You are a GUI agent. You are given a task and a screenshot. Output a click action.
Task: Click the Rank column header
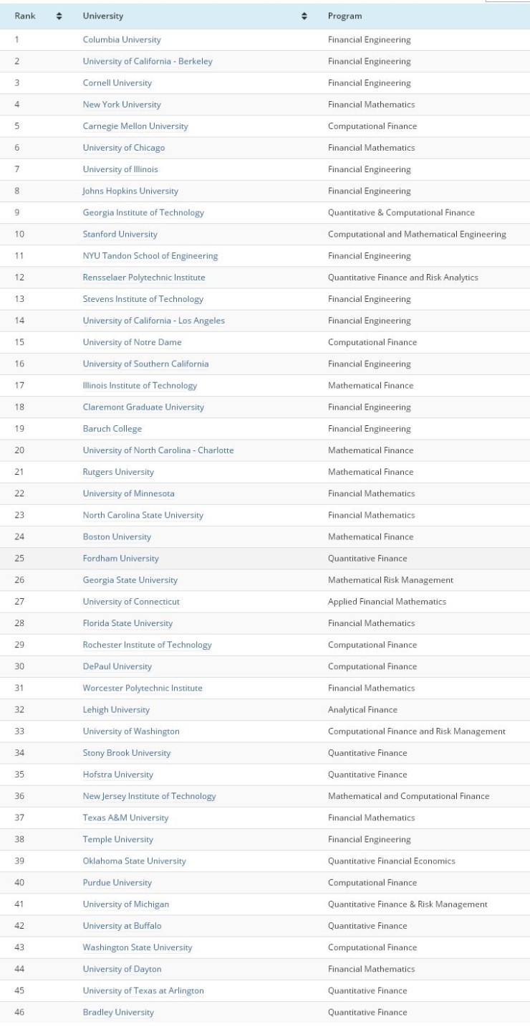(26, 16)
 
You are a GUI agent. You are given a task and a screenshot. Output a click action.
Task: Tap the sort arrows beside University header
(304, 16)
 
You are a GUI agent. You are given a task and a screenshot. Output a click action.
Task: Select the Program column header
(345, 16)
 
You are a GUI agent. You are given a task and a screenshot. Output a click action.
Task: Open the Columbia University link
(122, 40)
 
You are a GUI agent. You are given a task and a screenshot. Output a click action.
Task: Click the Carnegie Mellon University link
(135, 126)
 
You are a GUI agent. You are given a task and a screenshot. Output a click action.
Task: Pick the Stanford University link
(120, 235)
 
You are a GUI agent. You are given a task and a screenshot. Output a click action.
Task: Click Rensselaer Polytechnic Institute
(144, 278)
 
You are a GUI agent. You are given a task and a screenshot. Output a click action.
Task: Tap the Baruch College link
(112, 429)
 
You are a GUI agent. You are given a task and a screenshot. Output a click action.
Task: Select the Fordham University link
(121, 559)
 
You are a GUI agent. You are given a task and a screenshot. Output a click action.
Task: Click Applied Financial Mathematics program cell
(387, 602)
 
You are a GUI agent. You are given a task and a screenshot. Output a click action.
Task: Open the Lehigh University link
(116, 710)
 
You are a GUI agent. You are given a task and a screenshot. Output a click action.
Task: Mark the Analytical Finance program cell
(362, 710)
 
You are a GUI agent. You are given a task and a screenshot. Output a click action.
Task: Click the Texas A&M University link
(125, 818)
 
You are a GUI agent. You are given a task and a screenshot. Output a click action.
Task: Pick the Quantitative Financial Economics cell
(391, 861)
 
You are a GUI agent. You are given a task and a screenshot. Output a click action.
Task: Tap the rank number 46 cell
(19, 1013)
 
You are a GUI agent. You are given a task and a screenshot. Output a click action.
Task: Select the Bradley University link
(118, 1013)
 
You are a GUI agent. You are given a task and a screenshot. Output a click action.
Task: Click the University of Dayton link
(122, 970)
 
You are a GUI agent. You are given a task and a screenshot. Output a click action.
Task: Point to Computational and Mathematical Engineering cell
(417, 235)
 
